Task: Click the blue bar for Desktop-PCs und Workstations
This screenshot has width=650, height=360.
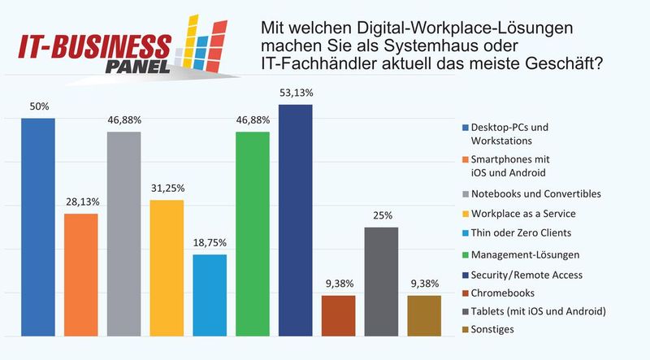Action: (38, 228)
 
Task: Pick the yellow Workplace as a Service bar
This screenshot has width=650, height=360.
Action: (167, 268)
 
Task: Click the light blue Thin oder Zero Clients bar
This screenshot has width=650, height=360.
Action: (209, 295)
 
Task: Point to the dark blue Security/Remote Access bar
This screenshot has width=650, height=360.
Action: (295, 220)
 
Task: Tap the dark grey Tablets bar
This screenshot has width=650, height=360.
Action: (381, 281)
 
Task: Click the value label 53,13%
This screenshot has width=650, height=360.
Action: (295, 93)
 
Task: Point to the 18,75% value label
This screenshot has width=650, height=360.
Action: (209, 243)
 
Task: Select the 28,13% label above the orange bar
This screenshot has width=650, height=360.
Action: (80, 202)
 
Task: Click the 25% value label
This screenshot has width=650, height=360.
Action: (381, 216)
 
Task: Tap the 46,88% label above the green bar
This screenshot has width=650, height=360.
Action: (252, 120)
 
